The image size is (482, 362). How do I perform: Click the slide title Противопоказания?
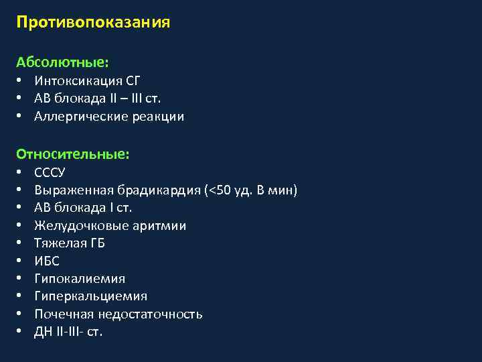pyautogui.click(x=94, y=23)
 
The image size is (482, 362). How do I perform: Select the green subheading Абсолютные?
pyautogui.click(x=63, y=62)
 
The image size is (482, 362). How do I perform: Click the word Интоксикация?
pyautogui.click(x=78, y=81)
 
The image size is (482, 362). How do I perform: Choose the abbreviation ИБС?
pyautogui.click(x=46, y=261)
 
